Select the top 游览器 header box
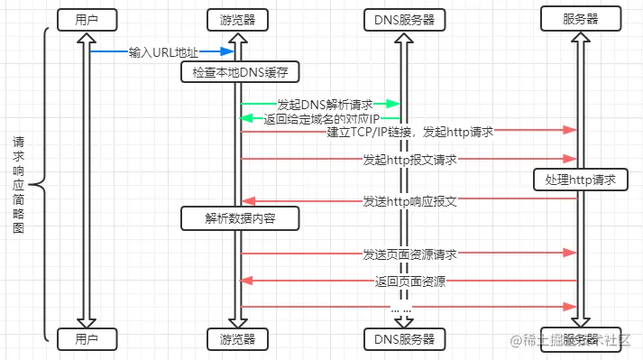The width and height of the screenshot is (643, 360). coord(237,18)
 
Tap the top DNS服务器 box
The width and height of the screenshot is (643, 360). coord(403,18)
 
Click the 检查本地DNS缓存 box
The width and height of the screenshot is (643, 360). coord(239,71)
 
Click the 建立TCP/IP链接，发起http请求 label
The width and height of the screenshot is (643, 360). coord(409,133)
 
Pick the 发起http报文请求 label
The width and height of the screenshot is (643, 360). coord(409,160)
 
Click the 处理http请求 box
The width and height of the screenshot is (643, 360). coord(580,180)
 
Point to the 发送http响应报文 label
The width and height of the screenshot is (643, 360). coord(409,200)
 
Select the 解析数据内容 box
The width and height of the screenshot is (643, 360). coord(239,218)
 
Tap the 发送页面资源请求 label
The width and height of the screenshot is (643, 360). coord(409,254)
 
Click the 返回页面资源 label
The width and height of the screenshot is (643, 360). coord(409,282)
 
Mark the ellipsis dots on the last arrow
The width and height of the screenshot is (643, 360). coord(401,308)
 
